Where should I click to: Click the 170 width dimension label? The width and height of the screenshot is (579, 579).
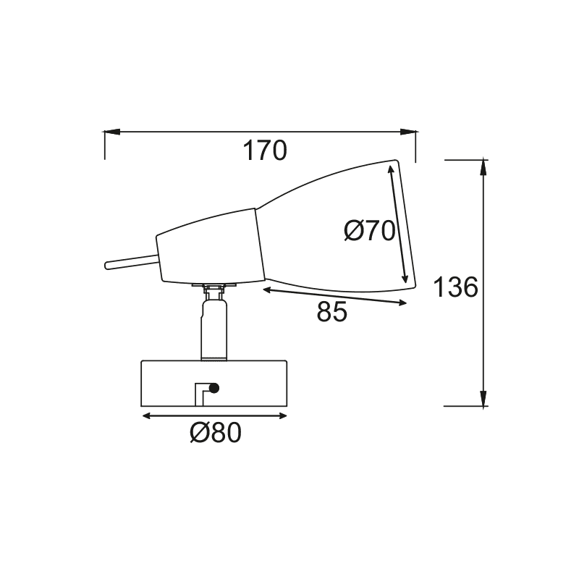(x=265, y=151)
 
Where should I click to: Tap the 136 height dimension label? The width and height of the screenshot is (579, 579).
(x=456, y=287)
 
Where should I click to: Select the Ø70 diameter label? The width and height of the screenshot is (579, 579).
(x=369, y=232)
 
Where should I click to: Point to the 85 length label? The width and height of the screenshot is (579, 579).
(x=332, y=312)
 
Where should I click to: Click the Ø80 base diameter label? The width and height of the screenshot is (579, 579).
(x=215, y=433)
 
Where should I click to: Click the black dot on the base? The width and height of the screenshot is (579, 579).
(x=214, y=390)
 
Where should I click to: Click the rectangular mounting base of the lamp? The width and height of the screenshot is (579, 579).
(x=215, y=384)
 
